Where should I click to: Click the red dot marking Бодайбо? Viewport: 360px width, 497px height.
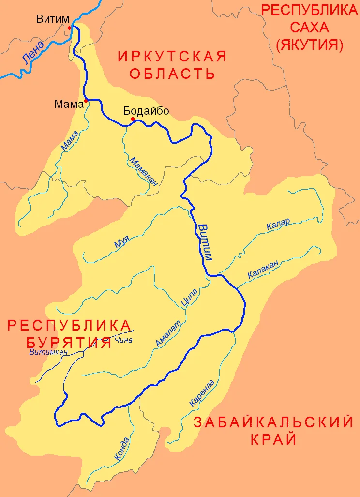[132, 119]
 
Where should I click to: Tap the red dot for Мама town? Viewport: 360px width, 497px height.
[86, 101]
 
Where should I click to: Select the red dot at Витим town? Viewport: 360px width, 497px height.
[70, 28]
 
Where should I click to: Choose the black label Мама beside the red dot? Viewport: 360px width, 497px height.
[69, 103]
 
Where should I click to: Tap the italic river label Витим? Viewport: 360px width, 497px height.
[205, 241]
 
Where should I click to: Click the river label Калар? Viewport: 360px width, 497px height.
[278, 225]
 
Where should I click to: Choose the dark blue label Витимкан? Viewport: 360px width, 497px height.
[48, 352]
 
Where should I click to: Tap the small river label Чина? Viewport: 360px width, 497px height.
[124, 340]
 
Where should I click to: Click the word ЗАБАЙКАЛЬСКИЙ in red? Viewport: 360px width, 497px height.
[273, 422]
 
